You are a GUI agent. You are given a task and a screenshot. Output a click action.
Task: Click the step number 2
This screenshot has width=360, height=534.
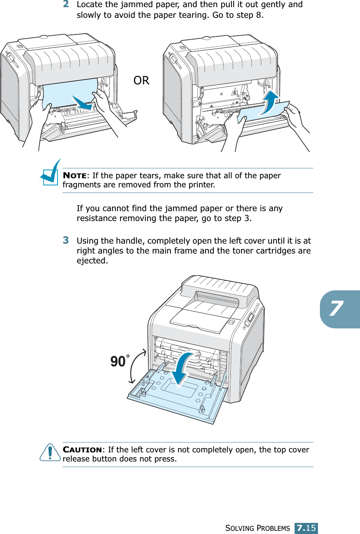tap(66, 4)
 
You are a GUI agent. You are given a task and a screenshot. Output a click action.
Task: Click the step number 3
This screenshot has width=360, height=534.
tap(66, 240)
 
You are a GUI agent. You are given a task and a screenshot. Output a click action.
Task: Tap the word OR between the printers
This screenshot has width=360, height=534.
tap(141, 81)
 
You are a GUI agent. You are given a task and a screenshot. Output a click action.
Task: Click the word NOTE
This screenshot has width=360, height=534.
tap(75, 175)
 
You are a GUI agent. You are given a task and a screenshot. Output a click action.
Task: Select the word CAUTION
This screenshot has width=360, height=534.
tap(82, 450)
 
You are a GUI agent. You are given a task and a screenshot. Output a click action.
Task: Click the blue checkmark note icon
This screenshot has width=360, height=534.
tap(50, 173)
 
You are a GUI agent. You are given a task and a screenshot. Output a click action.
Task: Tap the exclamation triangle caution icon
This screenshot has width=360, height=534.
tap(50, 452)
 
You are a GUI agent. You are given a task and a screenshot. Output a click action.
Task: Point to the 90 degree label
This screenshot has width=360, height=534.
tap(118, 361)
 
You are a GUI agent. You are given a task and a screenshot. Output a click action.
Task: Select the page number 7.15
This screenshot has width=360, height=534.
tap(306, 528)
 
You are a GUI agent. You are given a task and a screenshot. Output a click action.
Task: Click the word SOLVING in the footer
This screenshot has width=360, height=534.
tap(239, 528)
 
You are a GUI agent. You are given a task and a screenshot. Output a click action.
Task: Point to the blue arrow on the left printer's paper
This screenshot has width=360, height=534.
tap(82, 103)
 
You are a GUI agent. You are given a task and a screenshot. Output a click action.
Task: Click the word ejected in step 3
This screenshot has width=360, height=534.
tap(92, 261)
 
